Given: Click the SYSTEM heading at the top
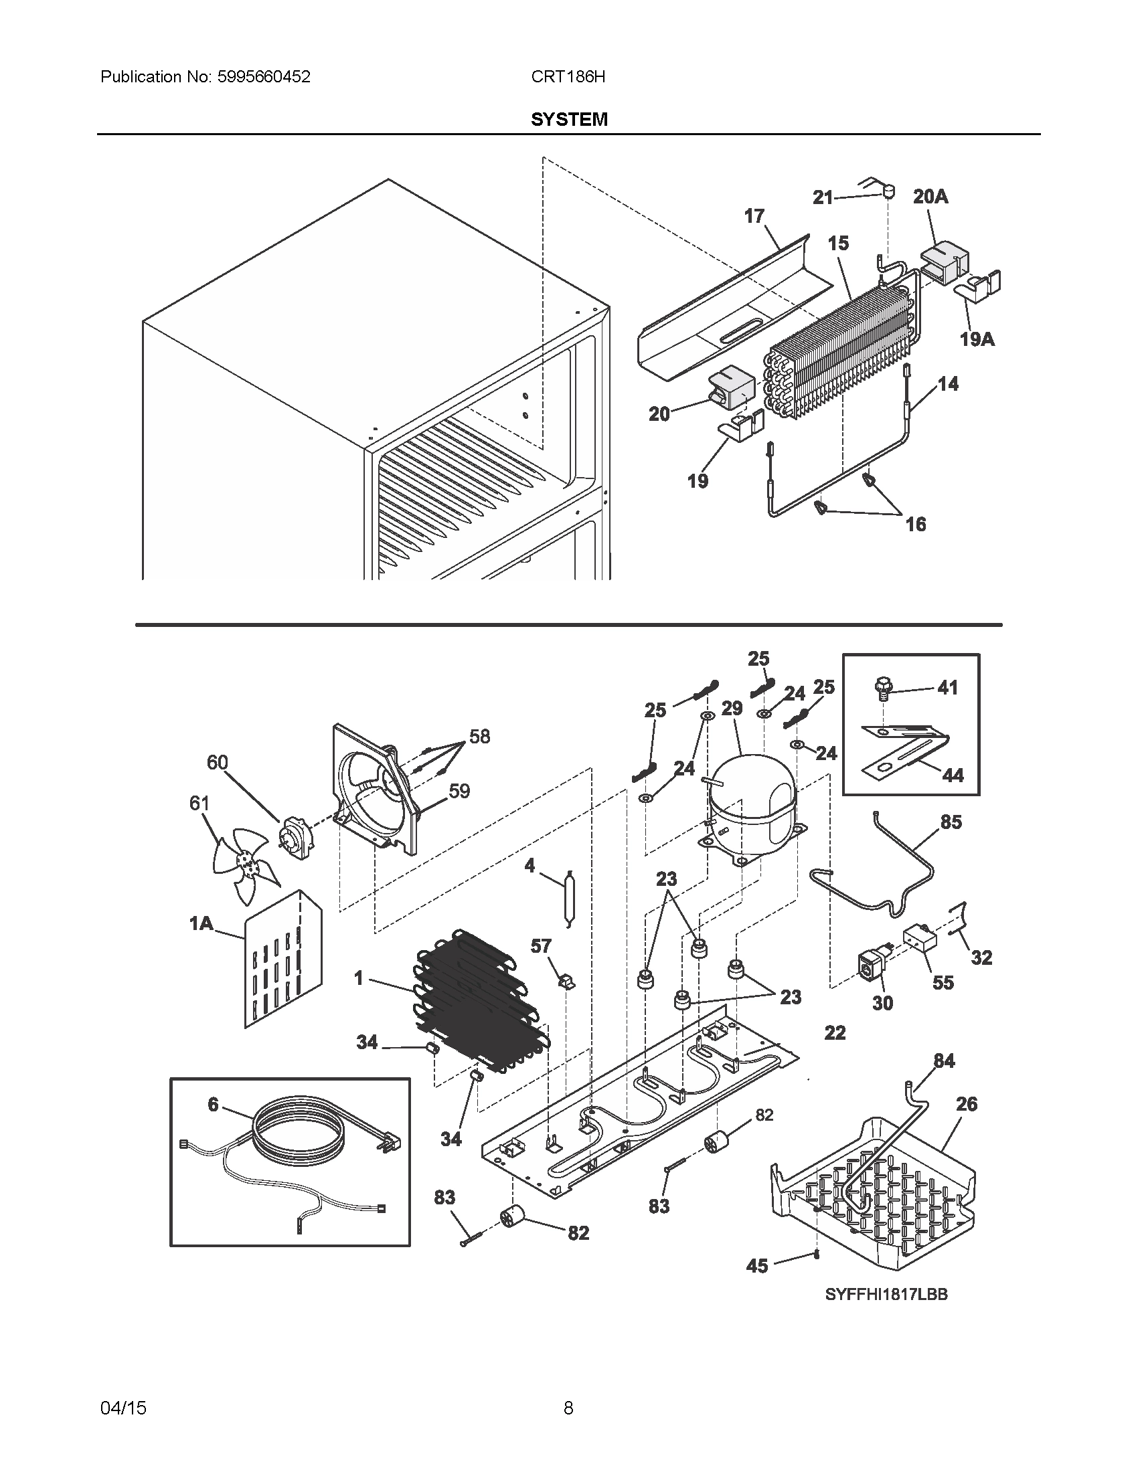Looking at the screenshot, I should click(x=569, y=119).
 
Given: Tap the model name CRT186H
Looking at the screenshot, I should click(x=568, y=77).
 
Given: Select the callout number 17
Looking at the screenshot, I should click(x=754, y=215).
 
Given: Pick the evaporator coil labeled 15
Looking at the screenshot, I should click(x=843, y=344).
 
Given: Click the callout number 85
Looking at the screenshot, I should click(x=951, y=822).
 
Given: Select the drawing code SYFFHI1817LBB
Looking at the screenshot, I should click(x=886, y=1294).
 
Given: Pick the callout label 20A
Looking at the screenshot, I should click(x=930, y=196).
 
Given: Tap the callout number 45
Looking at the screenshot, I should click(x=757, y=1266).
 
